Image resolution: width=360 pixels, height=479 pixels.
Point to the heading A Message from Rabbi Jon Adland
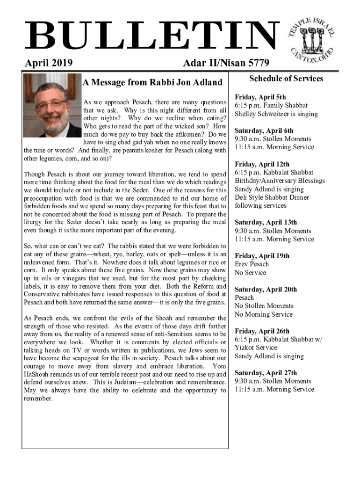point(152,83)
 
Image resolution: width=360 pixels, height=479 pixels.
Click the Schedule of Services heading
point(286,79)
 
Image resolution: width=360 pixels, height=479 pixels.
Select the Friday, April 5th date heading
point(260,97)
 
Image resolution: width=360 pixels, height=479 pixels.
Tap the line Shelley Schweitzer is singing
point(276,114)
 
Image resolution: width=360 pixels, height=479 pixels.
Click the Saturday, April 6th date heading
point(264,131)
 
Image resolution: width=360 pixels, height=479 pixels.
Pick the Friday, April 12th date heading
point(262,165)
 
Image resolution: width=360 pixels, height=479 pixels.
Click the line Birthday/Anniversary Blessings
point(280,181)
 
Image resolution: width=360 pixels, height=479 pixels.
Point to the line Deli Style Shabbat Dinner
point(272,197)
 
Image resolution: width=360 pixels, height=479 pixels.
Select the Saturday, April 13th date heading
point(266,223)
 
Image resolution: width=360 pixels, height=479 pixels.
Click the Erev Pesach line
point(252,264)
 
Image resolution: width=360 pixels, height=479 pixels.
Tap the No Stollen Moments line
point(264,306)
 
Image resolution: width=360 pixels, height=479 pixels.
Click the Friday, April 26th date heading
point(262,331)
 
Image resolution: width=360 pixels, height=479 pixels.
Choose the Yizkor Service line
point(256,348)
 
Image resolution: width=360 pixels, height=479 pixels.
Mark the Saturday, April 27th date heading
point(266,373)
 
